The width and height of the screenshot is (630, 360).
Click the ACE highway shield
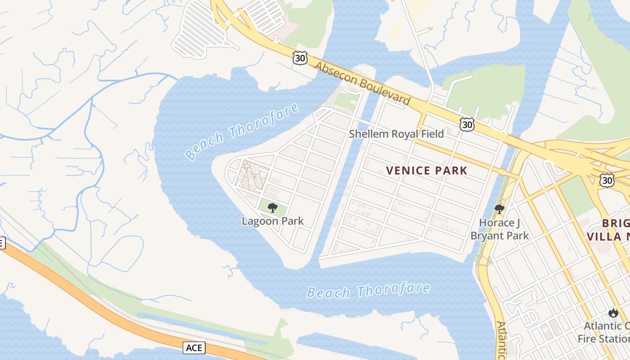point(194,347)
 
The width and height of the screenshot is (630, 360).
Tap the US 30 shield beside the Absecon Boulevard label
point(300,57)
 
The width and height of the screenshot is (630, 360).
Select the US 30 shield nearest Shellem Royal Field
point(467,124)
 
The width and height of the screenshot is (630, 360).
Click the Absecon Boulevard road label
point(362,83)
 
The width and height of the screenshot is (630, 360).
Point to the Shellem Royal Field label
point(396,134)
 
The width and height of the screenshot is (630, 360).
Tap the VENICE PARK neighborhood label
point(427,171)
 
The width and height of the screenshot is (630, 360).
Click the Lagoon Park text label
point(273,221)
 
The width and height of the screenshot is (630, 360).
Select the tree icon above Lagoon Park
point(272,207)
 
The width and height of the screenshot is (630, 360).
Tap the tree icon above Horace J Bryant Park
point(499,209)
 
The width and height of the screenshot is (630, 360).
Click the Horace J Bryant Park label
point(500,229)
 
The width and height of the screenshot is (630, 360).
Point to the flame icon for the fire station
point(613,313)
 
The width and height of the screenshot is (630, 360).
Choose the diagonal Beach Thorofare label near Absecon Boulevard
point(242,131)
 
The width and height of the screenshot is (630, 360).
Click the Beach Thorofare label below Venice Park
point(368,291)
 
